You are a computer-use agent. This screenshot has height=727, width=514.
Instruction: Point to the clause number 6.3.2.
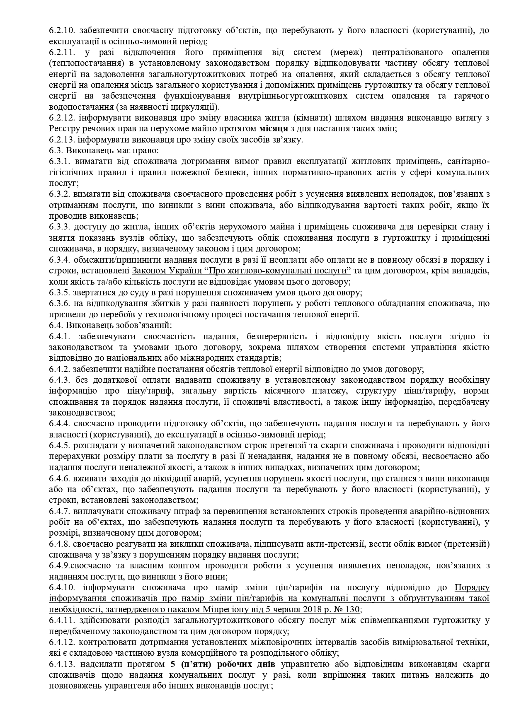59,194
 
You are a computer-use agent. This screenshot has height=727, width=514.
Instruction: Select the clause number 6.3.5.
59,292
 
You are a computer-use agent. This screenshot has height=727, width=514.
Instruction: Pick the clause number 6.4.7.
59,511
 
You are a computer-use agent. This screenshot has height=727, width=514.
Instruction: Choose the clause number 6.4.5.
59,446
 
